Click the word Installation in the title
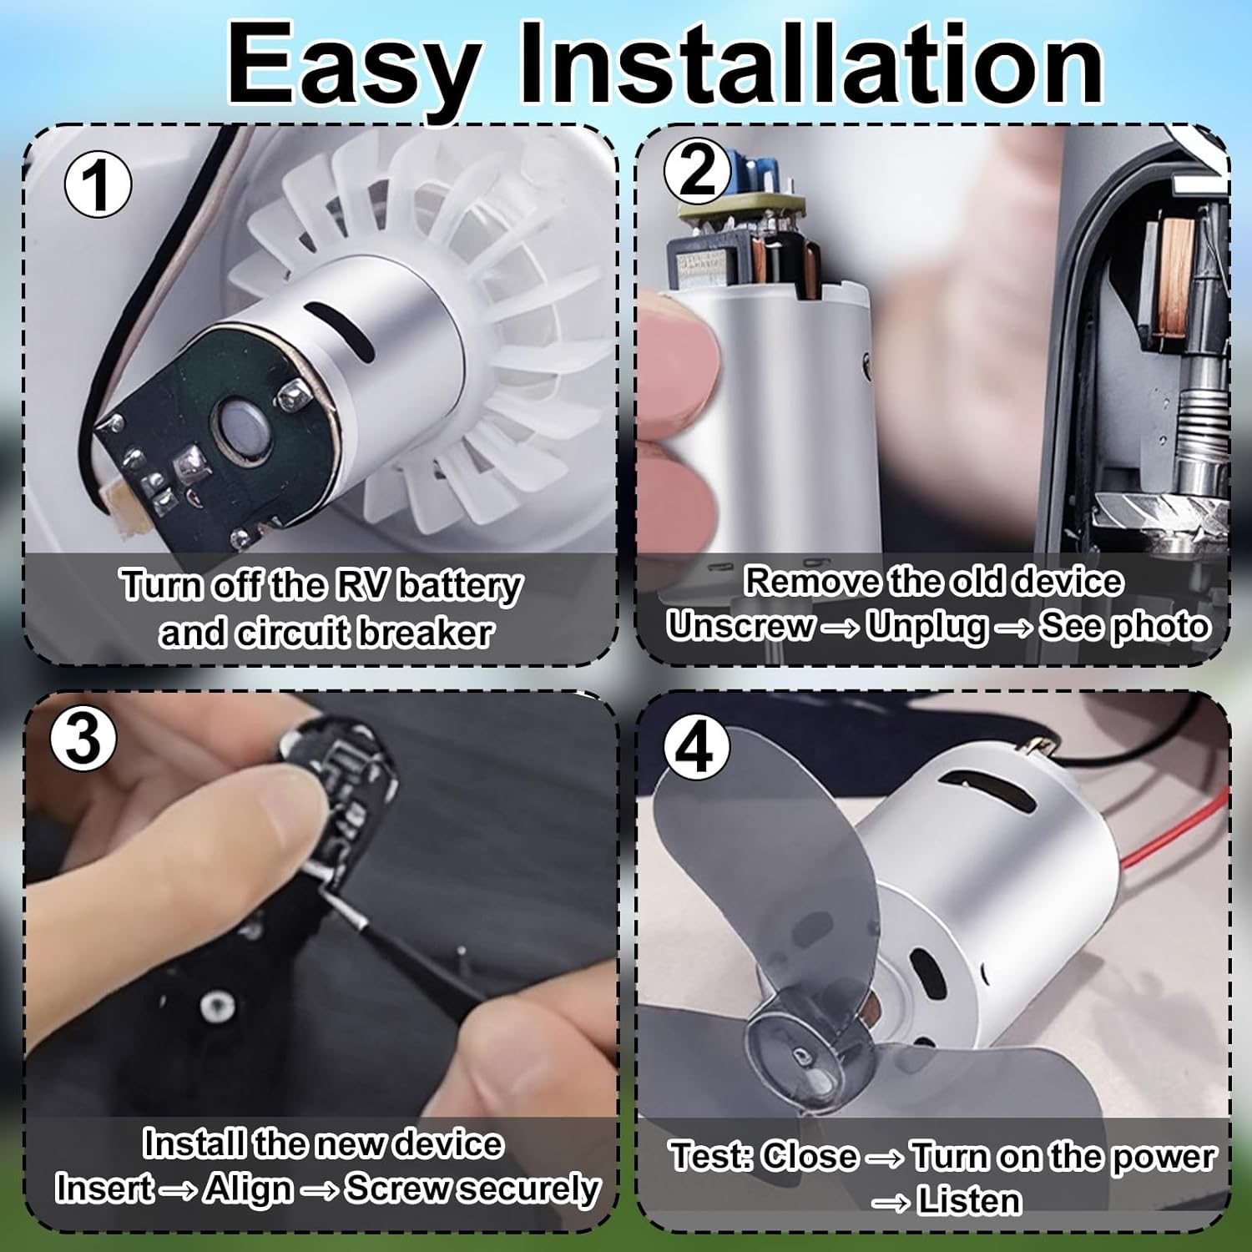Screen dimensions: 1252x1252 tap(810, 65)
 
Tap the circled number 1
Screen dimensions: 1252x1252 tap(98, 185)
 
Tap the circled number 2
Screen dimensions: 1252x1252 tap(697, 171)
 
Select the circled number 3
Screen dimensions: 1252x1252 tap(83, 737)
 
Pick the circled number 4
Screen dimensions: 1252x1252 tap(695, 748)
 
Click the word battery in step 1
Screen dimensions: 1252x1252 tap(460, 586)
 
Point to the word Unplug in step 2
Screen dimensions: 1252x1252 tap(926, 626)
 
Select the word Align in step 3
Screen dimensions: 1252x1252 tap(249, 1189)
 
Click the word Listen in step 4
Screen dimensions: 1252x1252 tap(968, 1201)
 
